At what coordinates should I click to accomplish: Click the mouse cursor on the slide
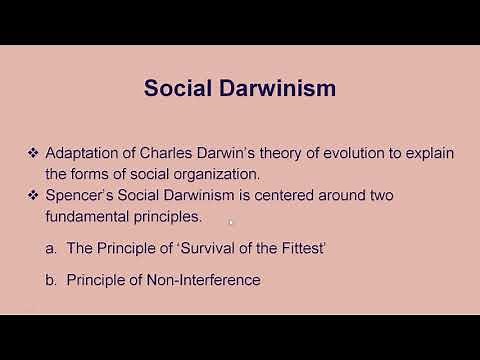231,223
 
